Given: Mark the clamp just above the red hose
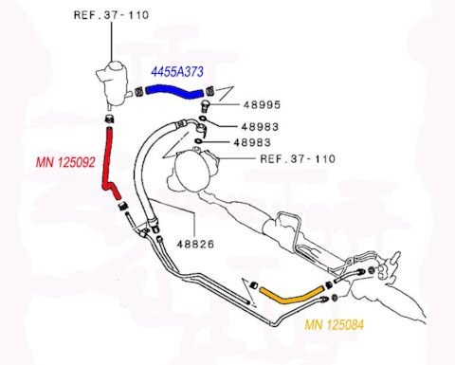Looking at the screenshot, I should pos(108,120).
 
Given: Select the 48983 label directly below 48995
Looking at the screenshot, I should pos(257,126).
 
